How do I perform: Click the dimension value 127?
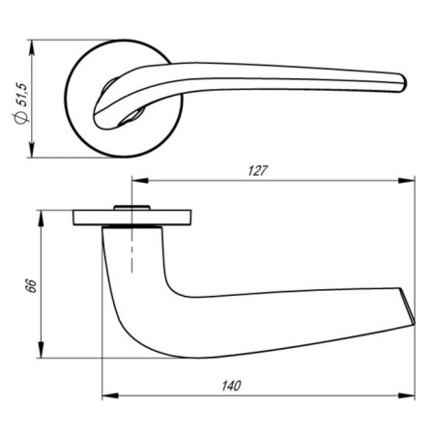point(255,170)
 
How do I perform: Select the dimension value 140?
point(230,385)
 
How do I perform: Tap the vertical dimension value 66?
point(30,287)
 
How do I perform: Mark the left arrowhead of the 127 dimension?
point(136,181)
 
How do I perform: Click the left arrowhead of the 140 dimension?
point(107,395)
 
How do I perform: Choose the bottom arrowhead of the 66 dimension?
point(40,354)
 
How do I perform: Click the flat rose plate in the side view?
point(135,217)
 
